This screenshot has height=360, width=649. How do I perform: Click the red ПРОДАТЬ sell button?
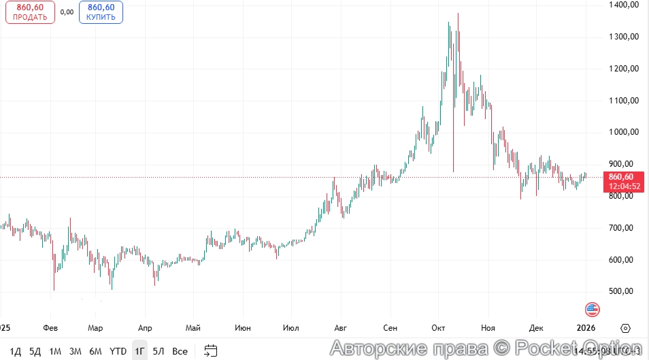(30, 12)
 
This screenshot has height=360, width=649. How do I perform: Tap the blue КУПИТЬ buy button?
(101, 12)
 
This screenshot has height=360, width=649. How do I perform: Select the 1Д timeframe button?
(16, 351)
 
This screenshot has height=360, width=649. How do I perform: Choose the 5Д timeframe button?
(35, 351)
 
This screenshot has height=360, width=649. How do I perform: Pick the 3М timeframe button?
(76, 351)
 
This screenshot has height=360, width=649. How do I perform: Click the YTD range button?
(118, 351)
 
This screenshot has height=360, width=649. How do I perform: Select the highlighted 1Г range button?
(139, 351)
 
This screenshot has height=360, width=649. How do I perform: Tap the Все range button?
(180, 351)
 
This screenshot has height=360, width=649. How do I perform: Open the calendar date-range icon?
(211, 351)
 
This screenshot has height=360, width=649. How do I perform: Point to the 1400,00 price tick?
(624, 5)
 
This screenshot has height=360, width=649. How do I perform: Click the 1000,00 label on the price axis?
(624, 132)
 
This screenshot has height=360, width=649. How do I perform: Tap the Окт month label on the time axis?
(437, 327)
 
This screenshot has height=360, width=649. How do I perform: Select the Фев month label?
(50, 327)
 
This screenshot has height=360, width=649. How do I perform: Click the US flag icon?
(592, 309)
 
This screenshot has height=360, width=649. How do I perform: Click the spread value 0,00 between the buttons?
(67, 12)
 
